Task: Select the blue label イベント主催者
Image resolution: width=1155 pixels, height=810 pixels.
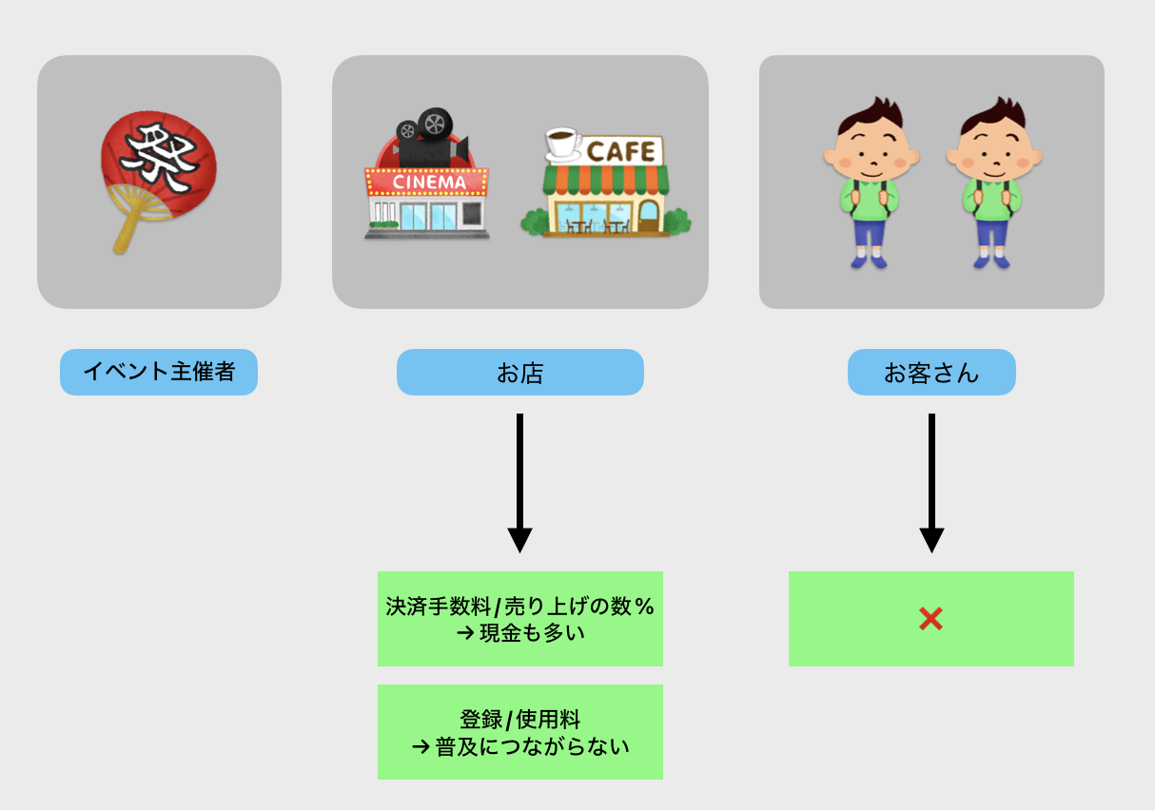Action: click(x=159, y=372)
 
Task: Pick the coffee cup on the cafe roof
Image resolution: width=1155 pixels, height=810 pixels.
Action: click(x=564, y=145)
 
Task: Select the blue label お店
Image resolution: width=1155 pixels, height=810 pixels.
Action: click(x=519, y=373)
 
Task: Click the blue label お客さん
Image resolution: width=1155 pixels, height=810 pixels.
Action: click(x=931, y=373)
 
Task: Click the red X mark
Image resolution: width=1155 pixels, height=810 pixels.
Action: click(x=930, y=619)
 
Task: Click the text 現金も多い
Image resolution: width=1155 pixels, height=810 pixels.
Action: click(x=531, y=631)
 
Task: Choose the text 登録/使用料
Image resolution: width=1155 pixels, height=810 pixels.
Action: click(x=519, y=720)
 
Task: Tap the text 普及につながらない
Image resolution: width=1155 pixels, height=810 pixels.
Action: click(x=533, y=746)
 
